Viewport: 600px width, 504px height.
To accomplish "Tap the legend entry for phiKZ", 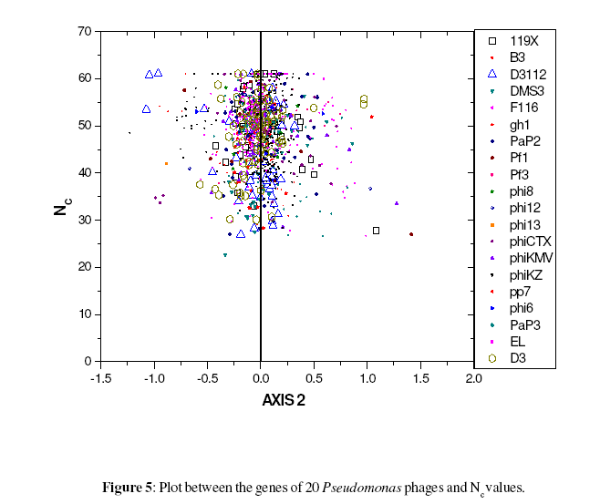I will (x=523, y=275).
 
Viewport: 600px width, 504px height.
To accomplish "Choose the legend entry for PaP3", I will (x=522, y=325).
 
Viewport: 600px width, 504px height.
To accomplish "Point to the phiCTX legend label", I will (x=527, y=242).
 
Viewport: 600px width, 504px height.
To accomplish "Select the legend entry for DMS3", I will (x=523, y=91).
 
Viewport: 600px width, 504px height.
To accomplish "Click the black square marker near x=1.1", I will (x=376, y=231).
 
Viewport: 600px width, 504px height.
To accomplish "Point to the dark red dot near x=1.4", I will (x=411, y=235).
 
